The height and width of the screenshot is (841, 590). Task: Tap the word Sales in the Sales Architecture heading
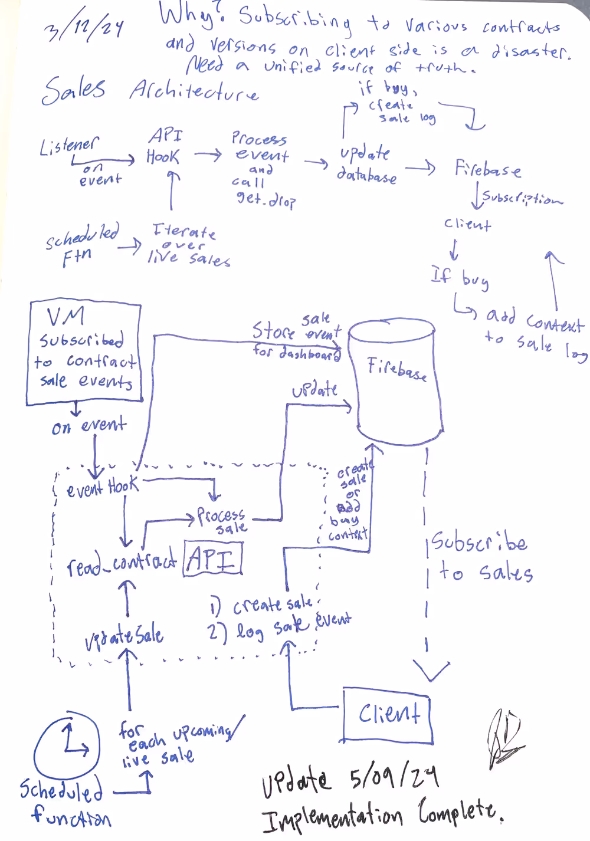74,90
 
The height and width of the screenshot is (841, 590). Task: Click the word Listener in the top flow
70,146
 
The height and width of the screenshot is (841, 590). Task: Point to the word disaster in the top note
531,52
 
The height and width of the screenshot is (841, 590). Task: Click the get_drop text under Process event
265,199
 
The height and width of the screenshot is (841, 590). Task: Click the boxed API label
213,558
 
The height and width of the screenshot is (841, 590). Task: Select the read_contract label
121,563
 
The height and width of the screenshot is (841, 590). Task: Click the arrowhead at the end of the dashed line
431,669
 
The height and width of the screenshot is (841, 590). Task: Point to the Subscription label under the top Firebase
522,198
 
